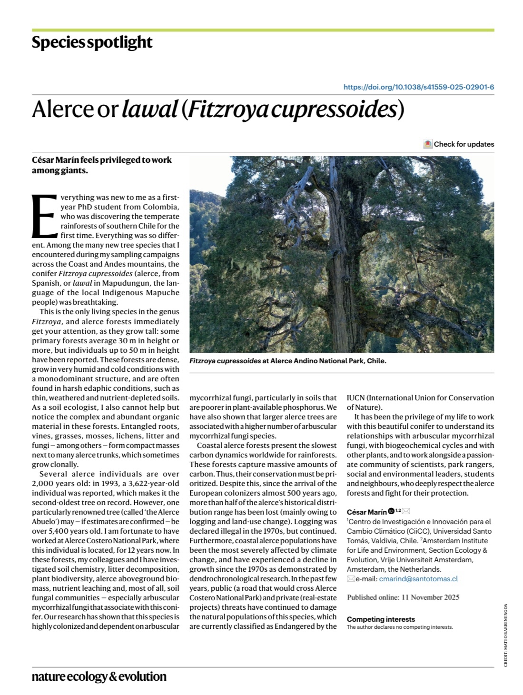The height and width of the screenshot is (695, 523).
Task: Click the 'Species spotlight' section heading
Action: pos(92,42)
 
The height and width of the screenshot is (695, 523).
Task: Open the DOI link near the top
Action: pos(418,87)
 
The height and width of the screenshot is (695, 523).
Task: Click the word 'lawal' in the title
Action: pos(149,109)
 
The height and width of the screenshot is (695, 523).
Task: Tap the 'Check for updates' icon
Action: pos(428,144)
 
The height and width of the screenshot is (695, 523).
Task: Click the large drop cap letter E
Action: pos(45,216)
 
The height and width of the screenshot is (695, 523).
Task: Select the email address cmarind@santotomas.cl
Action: pos(418,579)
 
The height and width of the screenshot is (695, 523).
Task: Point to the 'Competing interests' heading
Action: pos(381,619)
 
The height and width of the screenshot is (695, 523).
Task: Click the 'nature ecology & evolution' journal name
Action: pos(99,676)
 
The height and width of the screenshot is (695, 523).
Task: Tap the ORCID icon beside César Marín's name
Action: pos(391,511)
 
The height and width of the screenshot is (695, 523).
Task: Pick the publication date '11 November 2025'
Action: pos(430,597)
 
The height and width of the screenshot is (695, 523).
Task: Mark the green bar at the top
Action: pos(263,30)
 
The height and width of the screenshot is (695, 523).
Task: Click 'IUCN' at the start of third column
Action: pos(356,398)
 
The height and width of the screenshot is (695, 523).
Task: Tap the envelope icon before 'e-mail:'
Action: pos(351,579)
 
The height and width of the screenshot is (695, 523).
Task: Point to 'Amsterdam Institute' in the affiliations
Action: pos(455,541)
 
